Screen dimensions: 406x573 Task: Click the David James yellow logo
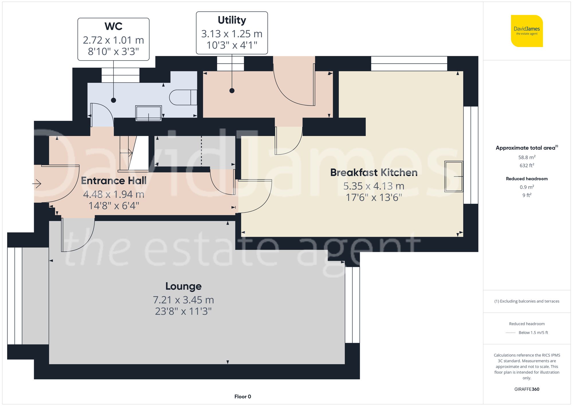pos(527,31)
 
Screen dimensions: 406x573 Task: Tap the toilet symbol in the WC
pos(183,98)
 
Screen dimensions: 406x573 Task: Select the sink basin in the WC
pos(148,113)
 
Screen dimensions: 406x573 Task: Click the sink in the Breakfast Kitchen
pos(454,176)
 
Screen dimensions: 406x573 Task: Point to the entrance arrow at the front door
pos(37,184)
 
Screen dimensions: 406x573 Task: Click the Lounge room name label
pos(183,286)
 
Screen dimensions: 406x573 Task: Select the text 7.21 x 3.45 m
pos(183,300)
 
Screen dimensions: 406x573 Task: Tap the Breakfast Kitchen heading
pos(374,172)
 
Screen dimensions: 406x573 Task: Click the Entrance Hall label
pos(114,180)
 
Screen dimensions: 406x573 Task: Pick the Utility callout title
pos(232,20)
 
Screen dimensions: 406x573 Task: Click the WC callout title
pos(113,26)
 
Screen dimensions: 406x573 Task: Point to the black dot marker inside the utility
pos(232,91)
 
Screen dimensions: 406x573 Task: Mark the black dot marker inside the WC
pos(113,100)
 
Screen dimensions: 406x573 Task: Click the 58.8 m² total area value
pos(527,157)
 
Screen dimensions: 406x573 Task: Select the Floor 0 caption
pos(242,397)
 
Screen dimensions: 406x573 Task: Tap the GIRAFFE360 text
pos(527,389)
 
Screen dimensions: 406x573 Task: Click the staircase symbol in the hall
pos(133,154)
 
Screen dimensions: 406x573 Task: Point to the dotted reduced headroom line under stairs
pos(201,151)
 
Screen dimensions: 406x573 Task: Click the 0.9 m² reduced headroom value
pos(527,187)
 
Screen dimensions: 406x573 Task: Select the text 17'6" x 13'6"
pos(374,198)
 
